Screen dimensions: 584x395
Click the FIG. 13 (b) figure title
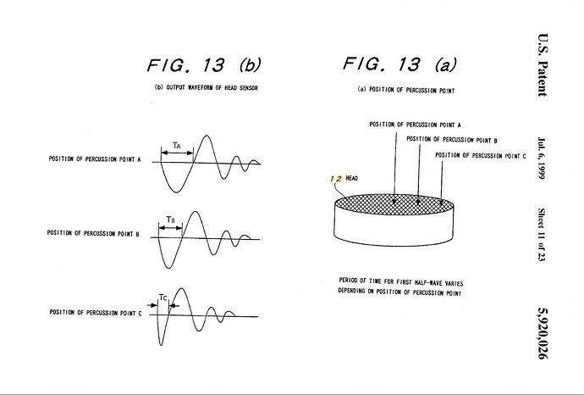(204, 65)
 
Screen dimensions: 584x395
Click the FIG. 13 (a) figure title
(399, 64)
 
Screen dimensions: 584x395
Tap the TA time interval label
(177, 146)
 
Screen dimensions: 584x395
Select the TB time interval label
(170, 220)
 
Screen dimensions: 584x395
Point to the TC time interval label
(163, 298)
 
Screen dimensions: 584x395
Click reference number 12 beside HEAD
(336, 179)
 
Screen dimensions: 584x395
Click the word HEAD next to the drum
(351, 178)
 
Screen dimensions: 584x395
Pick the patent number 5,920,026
(543, 333)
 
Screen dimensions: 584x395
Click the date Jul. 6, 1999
(542, 158)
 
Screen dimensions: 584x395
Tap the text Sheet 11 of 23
(542, 235)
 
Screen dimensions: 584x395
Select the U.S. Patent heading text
(543, 65)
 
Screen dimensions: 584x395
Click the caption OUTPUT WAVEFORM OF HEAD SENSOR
(212, 87)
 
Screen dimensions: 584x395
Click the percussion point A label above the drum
(415, 125)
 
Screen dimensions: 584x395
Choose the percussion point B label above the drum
(452, 140)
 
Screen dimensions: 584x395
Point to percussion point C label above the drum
(481, 155)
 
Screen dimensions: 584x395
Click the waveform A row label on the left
(95, 159)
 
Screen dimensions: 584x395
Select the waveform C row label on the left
(96, 313)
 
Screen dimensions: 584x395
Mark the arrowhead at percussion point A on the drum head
(394, 202)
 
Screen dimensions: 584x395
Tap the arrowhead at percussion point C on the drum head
(441, 203)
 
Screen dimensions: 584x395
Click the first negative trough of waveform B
(168, 268)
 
